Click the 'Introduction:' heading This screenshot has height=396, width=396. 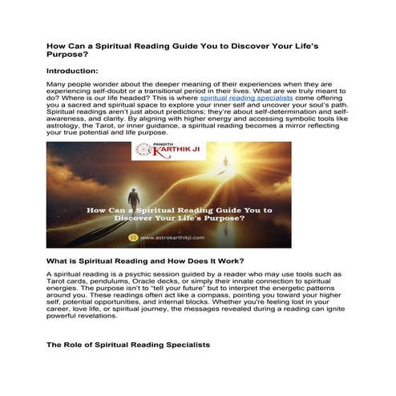[78, 71]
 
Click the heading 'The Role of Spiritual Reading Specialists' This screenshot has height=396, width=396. [128, 344]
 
